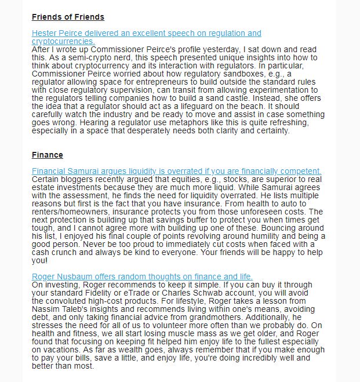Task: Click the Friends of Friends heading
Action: tap(68, 17)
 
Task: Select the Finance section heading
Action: tap(48, 155)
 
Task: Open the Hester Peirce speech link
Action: tap(146, 34)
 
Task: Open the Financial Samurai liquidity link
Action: tap(176, 172)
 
